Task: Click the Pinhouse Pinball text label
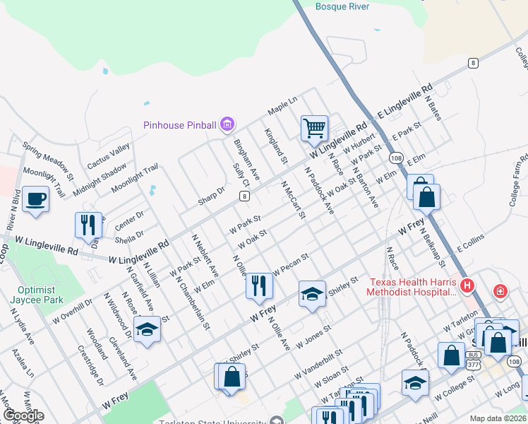(179, 125)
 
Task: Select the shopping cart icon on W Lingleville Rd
(314, 128)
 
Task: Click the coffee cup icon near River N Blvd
(35, 198)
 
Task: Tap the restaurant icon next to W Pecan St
(259, 285)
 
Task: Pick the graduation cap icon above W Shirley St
(311, 294)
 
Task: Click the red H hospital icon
(466, 286)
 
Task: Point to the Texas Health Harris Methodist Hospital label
(414, 287)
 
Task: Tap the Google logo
(23, 416)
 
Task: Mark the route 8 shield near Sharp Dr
(244, 196)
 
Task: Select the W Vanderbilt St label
(319, 357)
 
